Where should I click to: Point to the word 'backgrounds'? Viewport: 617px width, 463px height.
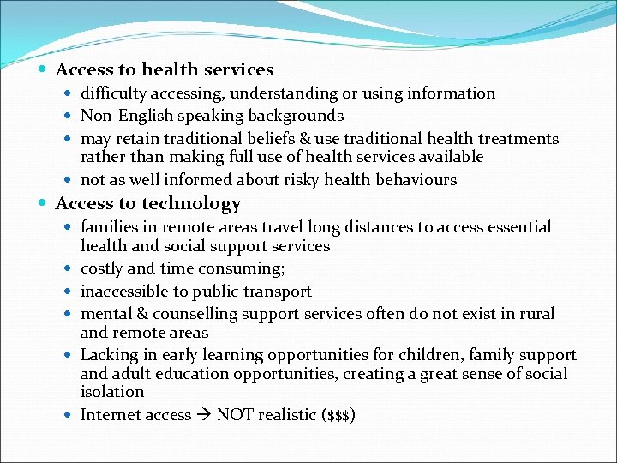click(x=296, y=116)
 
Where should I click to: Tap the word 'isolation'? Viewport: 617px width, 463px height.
click(x=112, y=392)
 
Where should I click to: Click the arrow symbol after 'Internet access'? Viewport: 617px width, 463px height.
click(x=204, y=415)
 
